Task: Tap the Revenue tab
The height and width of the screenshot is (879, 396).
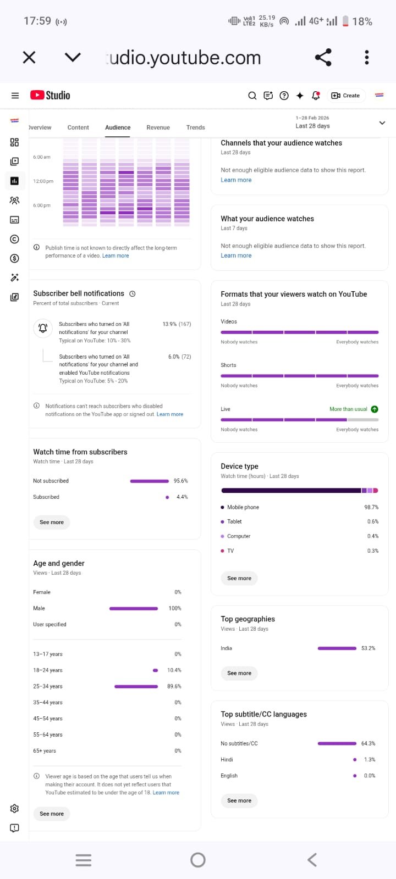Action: [x=158, y=127]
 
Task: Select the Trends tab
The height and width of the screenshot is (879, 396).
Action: [x=195, y=127]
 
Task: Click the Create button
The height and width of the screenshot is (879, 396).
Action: [x=345, y=96]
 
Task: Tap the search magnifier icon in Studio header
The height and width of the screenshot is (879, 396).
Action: [x=252, y=96]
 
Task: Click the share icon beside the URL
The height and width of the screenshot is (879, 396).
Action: [x=323, y=57]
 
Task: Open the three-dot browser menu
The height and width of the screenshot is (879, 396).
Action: [x=367, y=57]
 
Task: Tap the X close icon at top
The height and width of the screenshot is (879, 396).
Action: [x=29, y=57]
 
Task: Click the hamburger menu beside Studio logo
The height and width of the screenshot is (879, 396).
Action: [x=15, y=96]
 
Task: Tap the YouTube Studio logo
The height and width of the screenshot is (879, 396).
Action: [x=50, y=95]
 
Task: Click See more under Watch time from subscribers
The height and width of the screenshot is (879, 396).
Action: [x=52, y=522]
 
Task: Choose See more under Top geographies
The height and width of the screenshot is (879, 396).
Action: [x=239, y=673]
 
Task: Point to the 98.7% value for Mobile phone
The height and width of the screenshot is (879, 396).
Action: [x=371, y=508]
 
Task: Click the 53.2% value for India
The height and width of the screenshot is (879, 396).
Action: [x=368, y=648]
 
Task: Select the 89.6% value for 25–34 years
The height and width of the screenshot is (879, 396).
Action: [x=174, y=686]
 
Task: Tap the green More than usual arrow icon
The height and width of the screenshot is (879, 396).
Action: [x=375, y=409]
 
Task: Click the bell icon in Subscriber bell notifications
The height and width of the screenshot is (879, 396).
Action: [x=43, y=328]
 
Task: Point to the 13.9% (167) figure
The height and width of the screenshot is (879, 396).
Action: [x=177, y=324]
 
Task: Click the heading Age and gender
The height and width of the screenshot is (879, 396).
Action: [x=59, y=563]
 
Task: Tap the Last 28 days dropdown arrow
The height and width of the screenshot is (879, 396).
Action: [x=382, y=123]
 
